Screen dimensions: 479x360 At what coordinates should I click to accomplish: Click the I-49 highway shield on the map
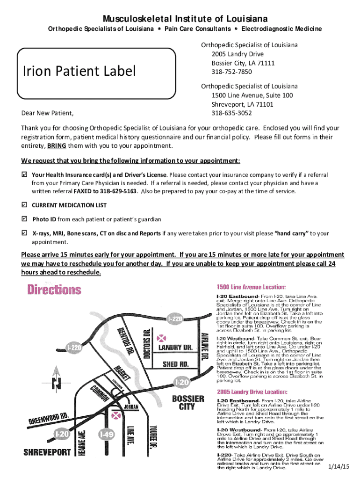107,434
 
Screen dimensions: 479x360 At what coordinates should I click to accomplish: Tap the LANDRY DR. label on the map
176,348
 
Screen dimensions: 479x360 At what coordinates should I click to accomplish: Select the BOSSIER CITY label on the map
188,402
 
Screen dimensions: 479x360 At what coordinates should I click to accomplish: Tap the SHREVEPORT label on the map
47,452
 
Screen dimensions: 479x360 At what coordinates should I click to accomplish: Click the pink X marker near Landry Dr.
163,337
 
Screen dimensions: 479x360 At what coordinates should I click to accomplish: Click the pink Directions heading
54,290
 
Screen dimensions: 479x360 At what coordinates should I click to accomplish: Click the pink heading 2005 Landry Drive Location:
252,391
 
